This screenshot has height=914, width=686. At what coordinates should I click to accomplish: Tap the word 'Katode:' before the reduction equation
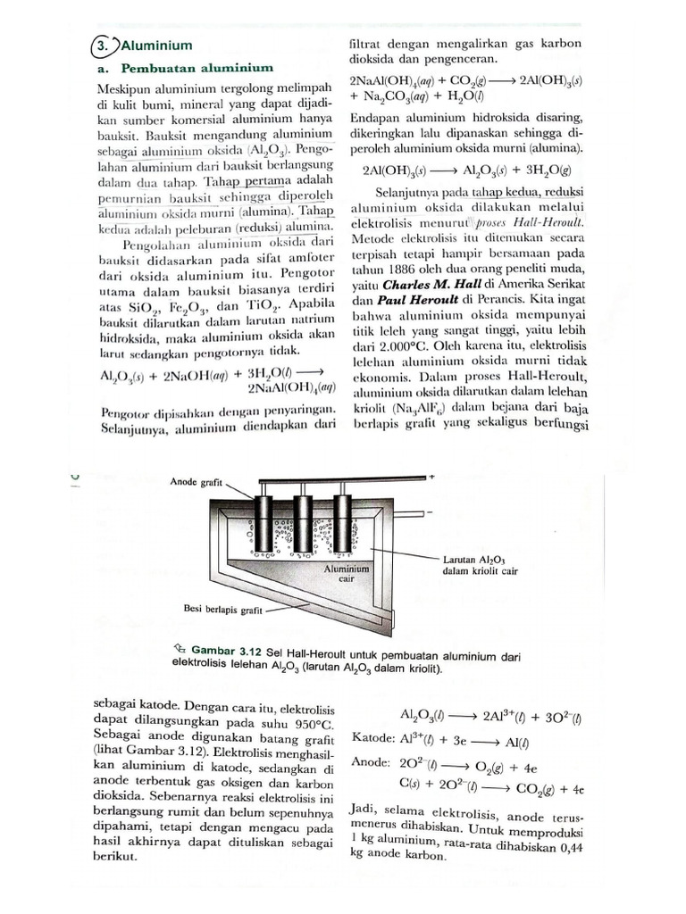(374, 740)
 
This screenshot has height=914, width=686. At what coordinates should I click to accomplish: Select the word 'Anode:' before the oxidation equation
(372, 764)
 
